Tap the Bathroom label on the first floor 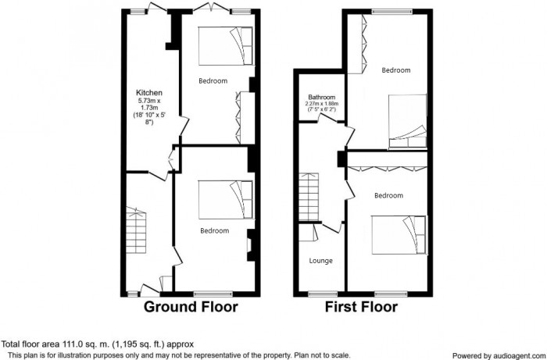pos(322,98)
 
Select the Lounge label pos(320,261)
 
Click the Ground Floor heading pos(191,307)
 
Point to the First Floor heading pos(361,307)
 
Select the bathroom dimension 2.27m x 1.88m pos(322,104)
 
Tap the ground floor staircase pos(136,230)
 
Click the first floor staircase pos(309,197)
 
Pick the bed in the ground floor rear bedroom pos(225,46)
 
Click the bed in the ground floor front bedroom pos(225,200)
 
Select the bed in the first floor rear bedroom pos(407,121)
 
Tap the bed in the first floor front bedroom pos(399,235)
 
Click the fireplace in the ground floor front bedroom pos(251,245)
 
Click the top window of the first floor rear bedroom pos(391,12)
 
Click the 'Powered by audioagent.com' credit pos(499,356)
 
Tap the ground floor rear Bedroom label pos(213,81)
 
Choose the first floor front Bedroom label pos(388,195)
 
